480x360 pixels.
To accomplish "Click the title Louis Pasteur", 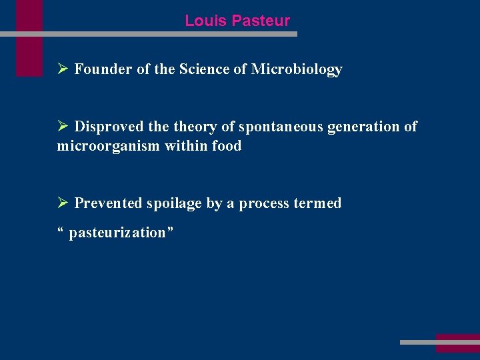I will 237,21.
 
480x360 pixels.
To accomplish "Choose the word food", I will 227,145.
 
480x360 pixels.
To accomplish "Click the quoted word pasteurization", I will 117,233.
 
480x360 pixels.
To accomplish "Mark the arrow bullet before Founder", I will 63,69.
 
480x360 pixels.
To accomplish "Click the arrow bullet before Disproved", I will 63,127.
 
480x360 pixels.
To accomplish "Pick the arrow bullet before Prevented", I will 63,203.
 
